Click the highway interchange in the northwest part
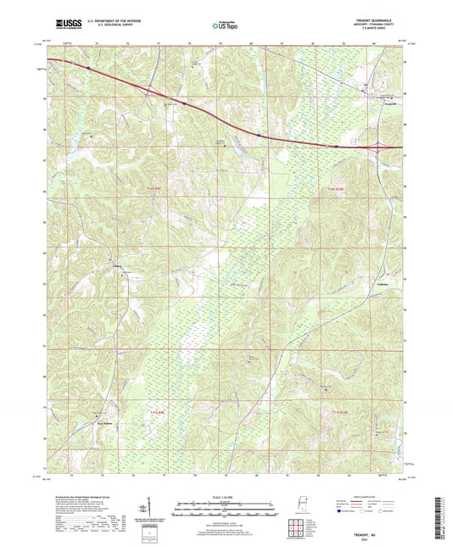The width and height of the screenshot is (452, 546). pyautogui.click(x=150, y=89)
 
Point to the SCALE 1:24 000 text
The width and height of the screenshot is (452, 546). pyautogui.click(x=225, y=496)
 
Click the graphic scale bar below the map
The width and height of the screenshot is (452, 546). pyautogui.click(x=225, y=511)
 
